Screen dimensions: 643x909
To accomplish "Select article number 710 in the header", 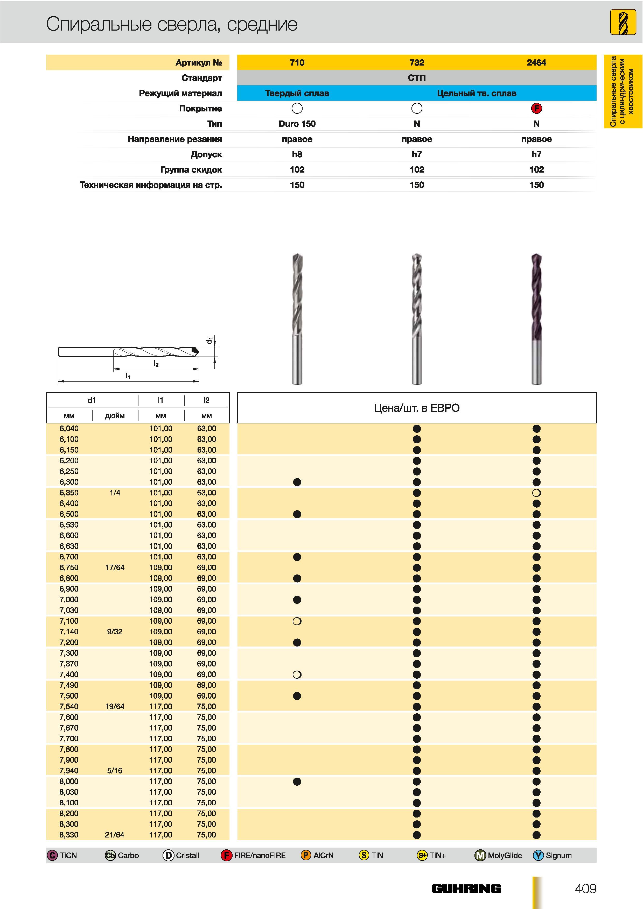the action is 297,62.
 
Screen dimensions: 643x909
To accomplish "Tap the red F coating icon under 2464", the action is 536,108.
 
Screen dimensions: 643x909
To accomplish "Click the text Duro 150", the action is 297,124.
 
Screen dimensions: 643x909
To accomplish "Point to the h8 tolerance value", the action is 297,154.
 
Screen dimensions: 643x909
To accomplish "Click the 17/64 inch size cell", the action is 115,567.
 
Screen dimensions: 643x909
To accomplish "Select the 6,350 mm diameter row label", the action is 69,493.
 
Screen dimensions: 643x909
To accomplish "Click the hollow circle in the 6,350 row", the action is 536,493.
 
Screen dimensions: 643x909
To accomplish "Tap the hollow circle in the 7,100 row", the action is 297,621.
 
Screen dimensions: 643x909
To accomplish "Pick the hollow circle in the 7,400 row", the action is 297,674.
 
